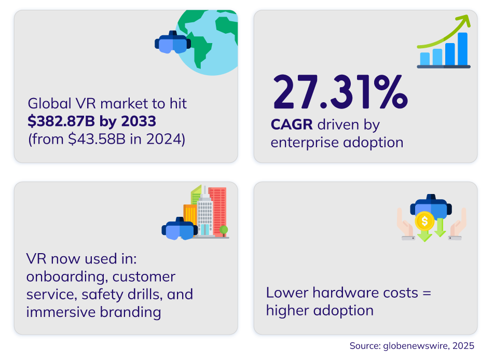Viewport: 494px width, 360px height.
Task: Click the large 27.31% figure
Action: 340,92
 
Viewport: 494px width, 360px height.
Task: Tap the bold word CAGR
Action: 292,124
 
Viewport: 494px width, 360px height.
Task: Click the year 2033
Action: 139,121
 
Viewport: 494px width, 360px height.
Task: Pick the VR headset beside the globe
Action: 173,42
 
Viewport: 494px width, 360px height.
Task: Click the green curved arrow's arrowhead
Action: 464,20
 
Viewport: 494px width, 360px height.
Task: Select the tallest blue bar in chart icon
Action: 462,49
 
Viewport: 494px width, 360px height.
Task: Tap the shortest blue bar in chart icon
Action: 425,59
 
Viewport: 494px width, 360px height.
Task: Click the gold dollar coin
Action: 424,221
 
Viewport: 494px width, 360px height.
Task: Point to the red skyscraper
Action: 217,211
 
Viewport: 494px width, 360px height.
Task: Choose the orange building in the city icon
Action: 190,215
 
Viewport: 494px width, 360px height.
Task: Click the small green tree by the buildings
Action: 224,230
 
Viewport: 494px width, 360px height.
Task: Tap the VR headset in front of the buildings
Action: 180,228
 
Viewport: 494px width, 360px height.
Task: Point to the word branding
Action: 130,312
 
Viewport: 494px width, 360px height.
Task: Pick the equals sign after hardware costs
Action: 427,293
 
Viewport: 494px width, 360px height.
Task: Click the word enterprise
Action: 304,143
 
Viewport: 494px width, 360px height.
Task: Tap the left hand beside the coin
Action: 405,224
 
